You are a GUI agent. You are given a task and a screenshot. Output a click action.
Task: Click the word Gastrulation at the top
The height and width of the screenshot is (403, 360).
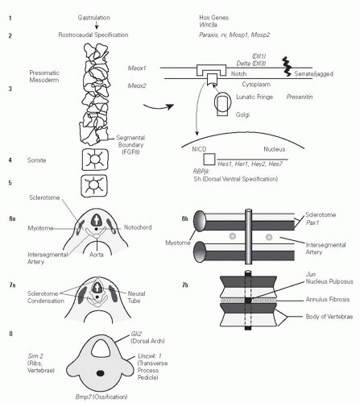[x=94, y=18]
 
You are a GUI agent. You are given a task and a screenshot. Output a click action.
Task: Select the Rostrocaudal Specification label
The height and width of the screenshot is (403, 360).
[x=93, y=35]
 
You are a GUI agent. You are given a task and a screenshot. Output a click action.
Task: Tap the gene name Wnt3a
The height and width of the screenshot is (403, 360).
[x=208, y=25]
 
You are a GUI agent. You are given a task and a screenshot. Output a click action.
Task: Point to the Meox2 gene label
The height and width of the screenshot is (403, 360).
[x=137, y=85]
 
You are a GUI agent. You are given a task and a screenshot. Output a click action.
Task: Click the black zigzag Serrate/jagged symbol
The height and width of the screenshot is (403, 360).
[x=287, y=66]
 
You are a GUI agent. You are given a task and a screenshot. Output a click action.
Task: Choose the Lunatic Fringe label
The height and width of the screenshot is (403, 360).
[x=254, y=97]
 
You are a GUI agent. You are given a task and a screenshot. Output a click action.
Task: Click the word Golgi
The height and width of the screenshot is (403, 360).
[x=242, y=114]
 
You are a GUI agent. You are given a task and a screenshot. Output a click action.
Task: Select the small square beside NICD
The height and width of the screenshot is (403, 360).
[x=209, y=160]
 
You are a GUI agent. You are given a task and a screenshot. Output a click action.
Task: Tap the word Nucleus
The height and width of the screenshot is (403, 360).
[x=274, y=149]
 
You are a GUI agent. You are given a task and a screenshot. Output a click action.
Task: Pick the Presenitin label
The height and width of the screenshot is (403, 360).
[x=300, y=97]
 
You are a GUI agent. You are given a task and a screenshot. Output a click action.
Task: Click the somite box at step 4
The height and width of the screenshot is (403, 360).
[x=95, y=160]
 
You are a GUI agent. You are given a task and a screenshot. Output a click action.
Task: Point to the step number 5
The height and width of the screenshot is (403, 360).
[x=10, y=183]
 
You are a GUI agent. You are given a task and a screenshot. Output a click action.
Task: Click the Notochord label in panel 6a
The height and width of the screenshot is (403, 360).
[x=138, y=227]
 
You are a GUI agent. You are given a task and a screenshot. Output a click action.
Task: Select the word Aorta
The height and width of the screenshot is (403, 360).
[x=97, y=255]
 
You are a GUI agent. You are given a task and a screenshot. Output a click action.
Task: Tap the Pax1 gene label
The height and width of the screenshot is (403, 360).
[x=312, y=222]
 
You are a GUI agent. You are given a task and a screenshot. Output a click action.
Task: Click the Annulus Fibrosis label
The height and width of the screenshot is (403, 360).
[x=328, y=299]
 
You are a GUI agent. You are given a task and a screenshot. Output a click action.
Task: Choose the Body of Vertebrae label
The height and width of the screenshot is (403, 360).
[x=329, y=317]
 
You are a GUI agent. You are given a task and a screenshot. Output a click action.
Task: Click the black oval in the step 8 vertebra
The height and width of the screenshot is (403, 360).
[x=101, y=373]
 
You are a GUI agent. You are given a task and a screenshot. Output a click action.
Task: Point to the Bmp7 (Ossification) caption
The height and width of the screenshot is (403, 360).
[x=101, y=397]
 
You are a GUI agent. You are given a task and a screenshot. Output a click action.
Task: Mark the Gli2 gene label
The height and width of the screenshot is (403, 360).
[x=136, y=334]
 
